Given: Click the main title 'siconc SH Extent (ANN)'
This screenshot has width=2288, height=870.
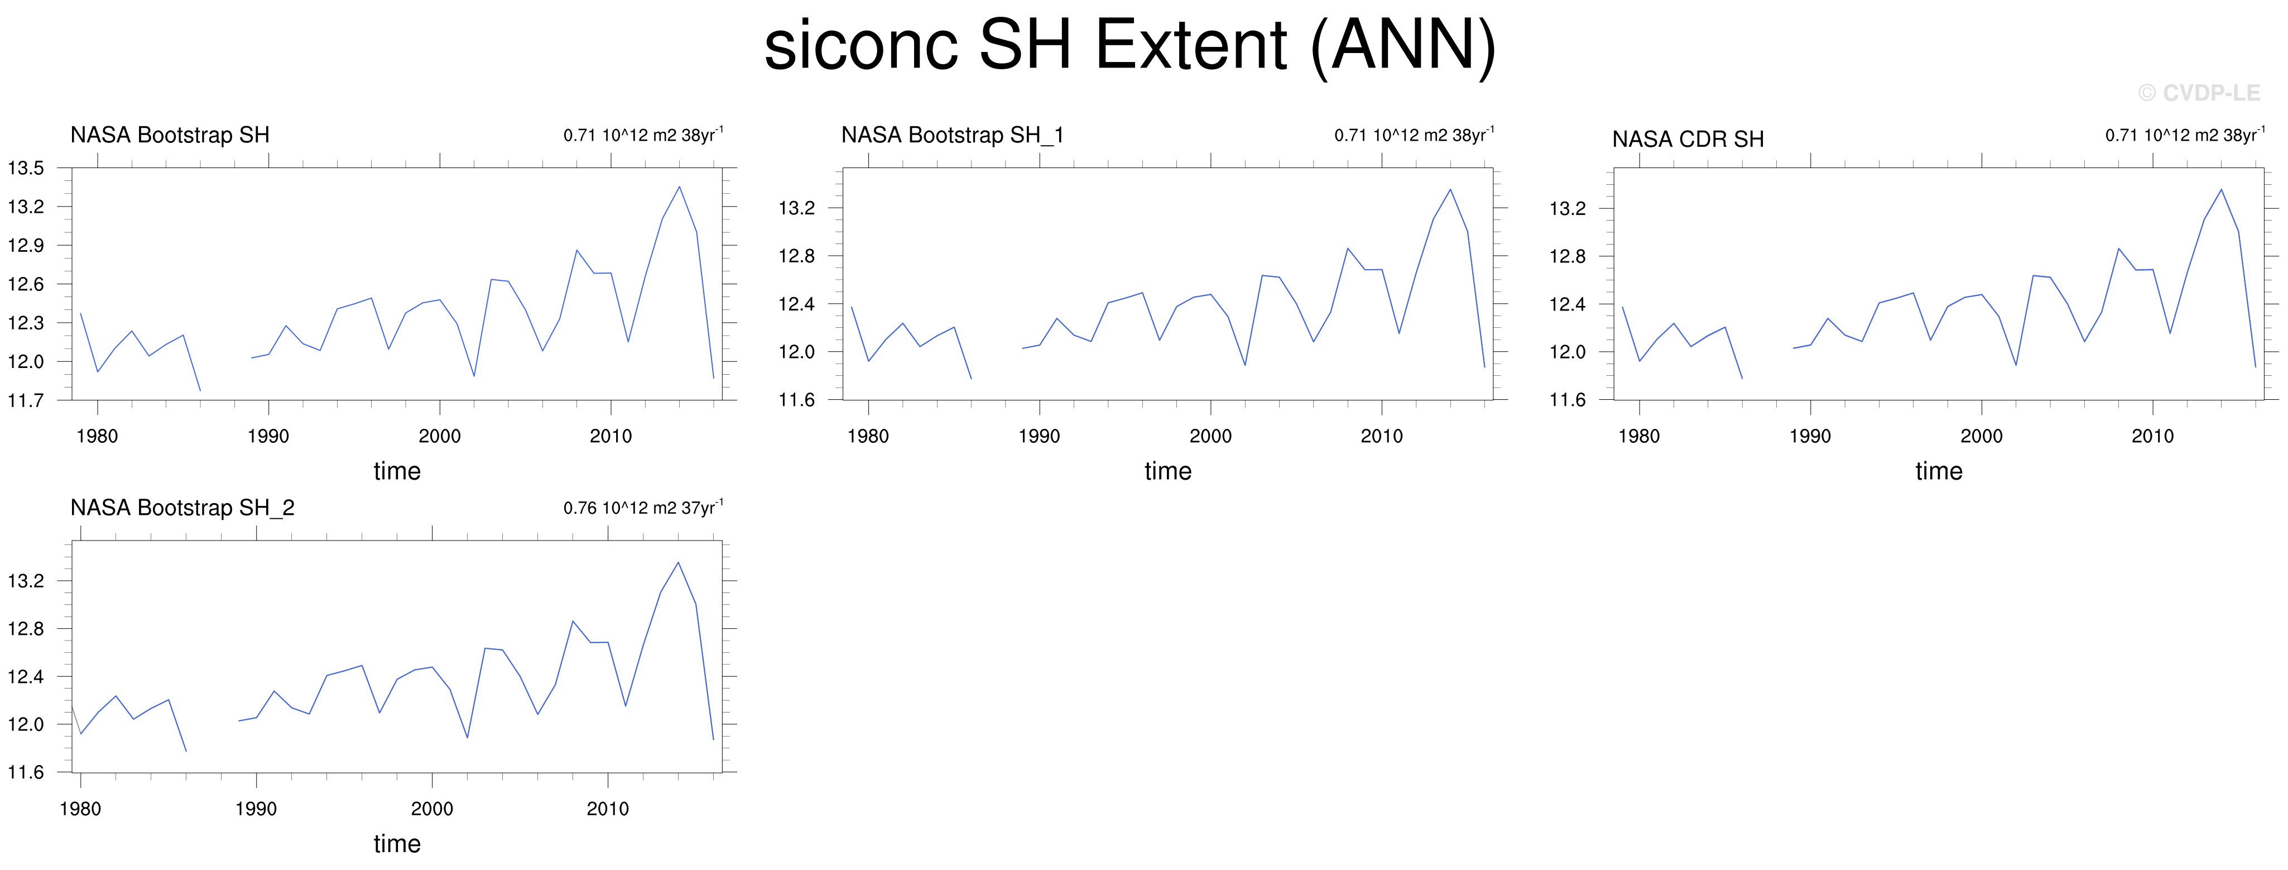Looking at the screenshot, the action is pyautogui.click(x=1130, y=46).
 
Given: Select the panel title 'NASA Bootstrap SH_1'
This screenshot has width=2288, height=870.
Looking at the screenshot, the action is pyautogui.click(x=952, y=135).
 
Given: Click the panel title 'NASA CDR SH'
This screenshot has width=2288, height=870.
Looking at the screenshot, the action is pyautogui.click(x=1688, y=140).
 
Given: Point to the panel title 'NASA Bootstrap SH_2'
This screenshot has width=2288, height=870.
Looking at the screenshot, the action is pyautogui.click(x=182, y=508).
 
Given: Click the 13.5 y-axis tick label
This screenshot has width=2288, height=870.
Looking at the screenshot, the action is pyautogui.click(x=26, y=168).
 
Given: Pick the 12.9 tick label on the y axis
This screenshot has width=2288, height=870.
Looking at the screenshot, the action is pyautogui.click(x=26, y=245).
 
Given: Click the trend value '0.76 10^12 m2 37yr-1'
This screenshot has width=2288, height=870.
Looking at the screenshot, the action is pyautogui.click(x=643, y=508).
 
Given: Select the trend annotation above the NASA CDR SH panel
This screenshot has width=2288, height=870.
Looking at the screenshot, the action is pyautogui.click(x=2185, y=135).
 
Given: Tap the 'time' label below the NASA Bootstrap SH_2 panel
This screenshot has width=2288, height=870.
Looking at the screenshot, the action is pyautogui.click(x=397, y=843).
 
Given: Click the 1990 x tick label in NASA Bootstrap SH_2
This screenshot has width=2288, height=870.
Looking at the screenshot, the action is pyautogui.click(x=256, y=809).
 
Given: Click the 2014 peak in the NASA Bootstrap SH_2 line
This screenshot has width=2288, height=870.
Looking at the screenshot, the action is pyautogui.click(x=679, y=562).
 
